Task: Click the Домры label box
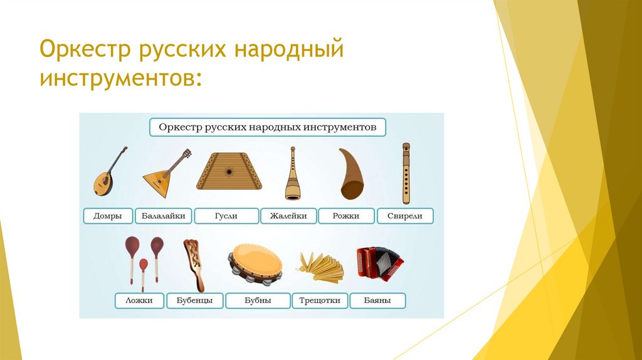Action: [x=108, y=216]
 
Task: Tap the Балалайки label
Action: [x=164, y=216]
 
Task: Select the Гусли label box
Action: [x=226, y=216]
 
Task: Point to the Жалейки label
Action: [x=288, y=216]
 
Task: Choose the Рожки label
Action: [x=346, y=216]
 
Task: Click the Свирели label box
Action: [x=405, y=216]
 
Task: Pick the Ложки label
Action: [x=139, y=300]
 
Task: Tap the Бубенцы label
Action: [x=195, y=300]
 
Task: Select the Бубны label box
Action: [x=258, y=300]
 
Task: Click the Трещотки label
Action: [x=320, y=300]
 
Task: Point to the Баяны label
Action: [x=377, y=300]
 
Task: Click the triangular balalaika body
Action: [x=158, y=183]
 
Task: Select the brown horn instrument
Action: [x=351, y=174]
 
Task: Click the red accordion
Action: [x=379, y=263]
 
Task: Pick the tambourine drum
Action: [x=256, y=264]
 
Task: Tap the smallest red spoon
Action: [x=144, y=275]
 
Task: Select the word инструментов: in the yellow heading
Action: [x=121, y=77]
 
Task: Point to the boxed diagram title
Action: [x=268, y=127]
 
